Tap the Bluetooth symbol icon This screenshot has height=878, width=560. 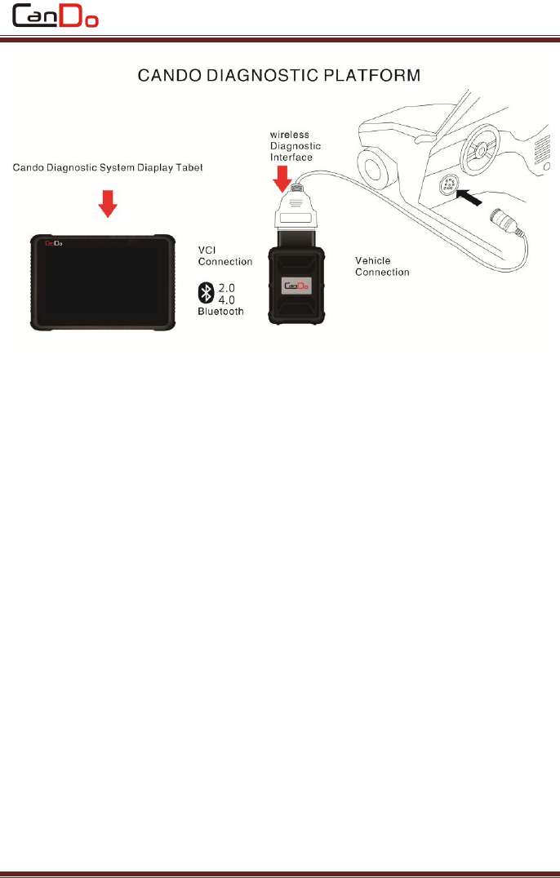click(x=207, y=292)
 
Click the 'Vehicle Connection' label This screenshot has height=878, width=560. click(x=382, y=266)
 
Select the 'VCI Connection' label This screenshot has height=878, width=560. click(x=225, y=255)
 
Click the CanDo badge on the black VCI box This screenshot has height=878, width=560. click(x=296, y=286)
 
